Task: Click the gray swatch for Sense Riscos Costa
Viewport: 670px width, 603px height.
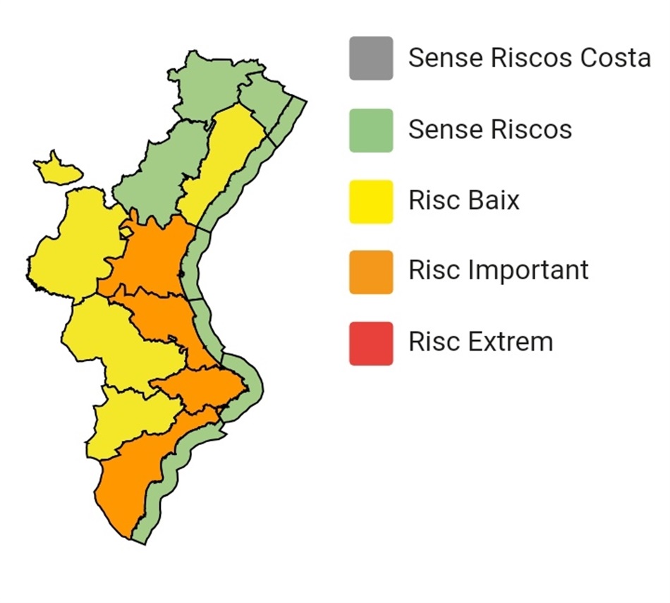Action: coord(371,59)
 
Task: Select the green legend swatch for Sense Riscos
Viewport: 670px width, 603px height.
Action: coord(371,130)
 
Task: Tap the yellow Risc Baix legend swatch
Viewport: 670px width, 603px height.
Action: coord(371,202)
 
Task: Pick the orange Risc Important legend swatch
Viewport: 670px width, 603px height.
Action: coord(371,272)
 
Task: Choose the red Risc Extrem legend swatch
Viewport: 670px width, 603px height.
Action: coord(371,343)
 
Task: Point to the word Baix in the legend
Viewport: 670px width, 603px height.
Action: coord(493,200)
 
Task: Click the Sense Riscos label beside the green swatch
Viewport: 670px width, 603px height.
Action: coord(489,130)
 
